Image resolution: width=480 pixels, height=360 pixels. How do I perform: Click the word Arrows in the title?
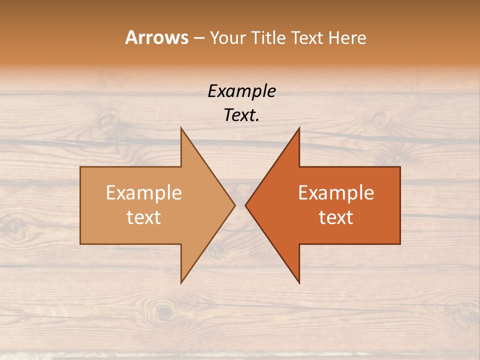point(156,37)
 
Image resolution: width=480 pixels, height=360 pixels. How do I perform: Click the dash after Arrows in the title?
point(199,38)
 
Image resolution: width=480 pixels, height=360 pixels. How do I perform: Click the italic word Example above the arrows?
point(241,91)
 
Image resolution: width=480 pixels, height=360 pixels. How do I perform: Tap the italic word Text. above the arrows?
point(241,115)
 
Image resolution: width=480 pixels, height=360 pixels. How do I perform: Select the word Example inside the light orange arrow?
point(144,193)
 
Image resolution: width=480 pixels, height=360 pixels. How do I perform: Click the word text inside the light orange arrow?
point(144,217)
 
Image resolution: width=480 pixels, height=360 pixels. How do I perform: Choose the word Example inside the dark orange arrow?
point(336,193)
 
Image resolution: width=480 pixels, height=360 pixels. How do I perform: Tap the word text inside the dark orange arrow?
point(336,217)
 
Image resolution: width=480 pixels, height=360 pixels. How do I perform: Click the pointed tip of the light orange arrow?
point(235,205)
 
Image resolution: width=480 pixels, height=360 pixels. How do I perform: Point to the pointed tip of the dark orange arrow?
point(245,205)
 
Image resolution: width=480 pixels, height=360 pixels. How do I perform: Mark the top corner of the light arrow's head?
point(181,127)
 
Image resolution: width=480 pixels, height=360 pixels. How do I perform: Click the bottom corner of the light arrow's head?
point(181,283)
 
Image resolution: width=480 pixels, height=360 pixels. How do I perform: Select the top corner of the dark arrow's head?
point(299,127)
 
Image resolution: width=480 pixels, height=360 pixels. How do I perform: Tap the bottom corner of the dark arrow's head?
point(299,283)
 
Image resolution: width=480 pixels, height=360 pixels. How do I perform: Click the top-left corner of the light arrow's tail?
point(80,167)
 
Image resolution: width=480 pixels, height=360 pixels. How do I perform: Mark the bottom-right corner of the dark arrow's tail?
point(400,244)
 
